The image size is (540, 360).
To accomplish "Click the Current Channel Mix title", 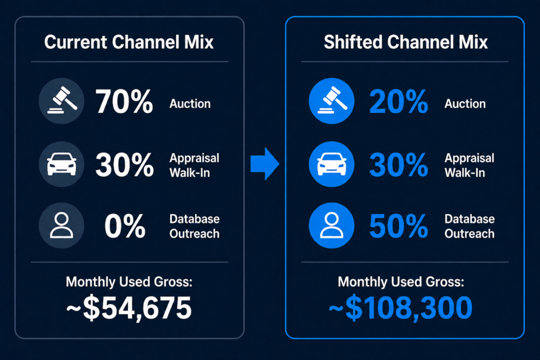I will click(129, 42).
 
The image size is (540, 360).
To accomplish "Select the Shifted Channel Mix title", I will click(405, 42).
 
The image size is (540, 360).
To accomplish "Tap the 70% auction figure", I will click(124, 102).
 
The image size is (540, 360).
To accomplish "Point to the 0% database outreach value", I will click(124, 226).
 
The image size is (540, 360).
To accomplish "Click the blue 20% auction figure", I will click(399, 102).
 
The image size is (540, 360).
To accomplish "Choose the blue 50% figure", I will click(399, 226).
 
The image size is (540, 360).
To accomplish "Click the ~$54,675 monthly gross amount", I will click(129, 308).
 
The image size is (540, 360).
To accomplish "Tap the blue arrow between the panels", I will click(264, 164).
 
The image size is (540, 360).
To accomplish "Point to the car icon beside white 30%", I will click(61, 164).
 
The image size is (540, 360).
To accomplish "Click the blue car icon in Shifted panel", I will click(332, 164).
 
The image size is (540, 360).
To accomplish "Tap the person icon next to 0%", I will click(61, 226).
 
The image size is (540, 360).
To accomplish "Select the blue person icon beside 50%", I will click(332, 226).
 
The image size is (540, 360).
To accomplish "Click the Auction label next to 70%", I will click(190, 104).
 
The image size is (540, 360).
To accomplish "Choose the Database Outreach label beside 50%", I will click(469, 226).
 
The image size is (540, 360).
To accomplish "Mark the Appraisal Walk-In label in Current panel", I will click(194, 165).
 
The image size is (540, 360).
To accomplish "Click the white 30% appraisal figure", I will click(124, 165).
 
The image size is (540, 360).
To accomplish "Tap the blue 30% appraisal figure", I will click(399, 165).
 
